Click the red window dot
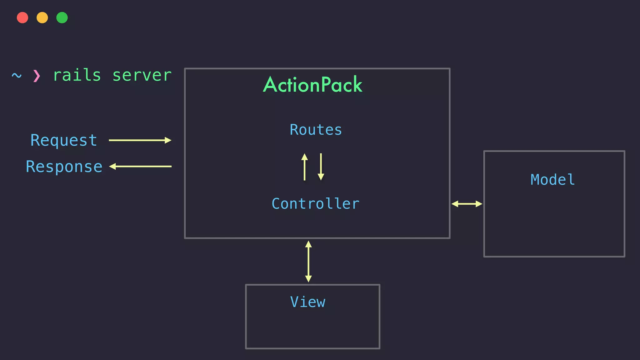pos(22,17)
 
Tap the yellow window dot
pos(42,17)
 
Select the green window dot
pos(62,17)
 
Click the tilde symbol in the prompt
pos(17,76)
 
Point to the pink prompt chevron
pos(37,76)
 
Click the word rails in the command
pos(77,76)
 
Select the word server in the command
pos(142,76)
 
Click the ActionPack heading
pos(312,85)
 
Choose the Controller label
pos(316,204)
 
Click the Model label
pos(552,180)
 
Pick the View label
pos(308,302)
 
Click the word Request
pos(64,140)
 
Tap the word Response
pos(64,167)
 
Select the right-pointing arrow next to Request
pos(140,140)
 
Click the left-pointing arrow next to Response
pos(140,167)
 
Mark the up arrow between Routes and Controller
pos(304,167)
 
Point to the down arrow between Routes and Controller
pos(321,167)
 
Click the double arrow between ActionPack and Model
pos(467,204)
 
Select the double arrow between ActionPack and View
pos(308,261)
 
